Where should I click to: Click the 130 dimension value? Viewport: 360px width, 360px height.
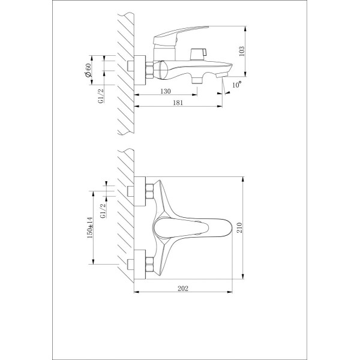click(x=166, y=91)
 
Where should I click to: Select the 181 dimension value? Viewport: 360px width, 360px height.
click(x=178, y=103)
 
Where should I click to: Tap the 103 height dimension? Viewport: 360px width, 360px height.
click(x=242, y=51)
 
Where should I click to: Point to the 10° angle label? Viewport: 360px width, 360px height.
click(x=237, y=85)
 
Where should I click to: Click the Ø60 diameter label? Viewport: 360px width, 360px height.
click(x=88, y=70)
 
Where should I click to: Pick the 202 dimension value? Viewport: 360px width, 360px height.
click(x=183, y=289)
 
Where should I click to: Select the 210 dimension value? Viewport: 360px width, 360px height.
click(x=239, y=227)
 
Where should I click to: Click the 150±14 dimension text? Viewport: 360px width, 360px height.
click(x=90, y=227)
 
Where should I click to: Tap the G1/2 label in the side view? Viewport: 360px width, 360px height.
click(x=101, y=96)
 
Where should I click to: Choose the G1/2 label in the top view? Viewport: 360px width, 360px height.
click(x=103, y=211)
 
